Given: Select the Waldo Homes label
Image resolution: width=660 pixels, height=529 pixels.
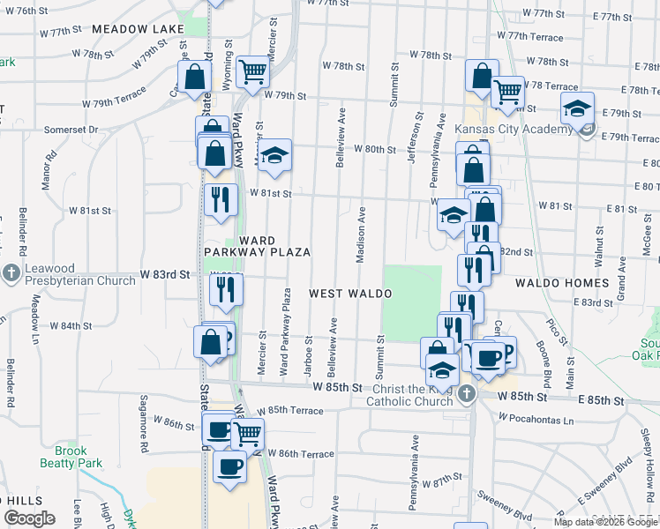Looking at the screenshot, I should (564, 283).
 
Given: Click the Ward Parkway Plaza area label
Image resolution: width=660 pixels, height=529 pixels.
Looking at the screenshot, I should (257, 246).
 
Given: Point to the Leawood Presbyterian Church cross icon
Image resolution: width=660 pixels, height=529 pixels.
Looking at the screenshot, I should (11, 273).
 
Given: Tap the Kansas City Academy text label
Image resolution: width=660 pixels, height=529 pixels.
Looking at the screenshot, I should (514, 130).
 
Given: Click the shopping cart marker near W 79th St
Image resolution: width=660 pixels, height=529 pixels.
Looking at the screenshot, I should (252, 71).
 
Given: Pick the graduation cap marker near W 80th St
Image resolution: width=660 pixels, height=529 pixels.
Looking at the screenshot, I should (274, 157).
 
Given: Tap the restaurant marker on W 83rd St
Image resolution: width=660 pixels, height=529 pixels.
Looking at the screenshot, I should (226, 289).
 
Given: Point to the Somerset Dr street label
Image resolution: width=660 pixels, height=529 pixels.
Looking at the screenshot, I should (71, 130).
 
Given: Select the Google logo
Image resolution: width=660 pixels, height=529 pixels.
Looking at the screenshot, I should (29, 518).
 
